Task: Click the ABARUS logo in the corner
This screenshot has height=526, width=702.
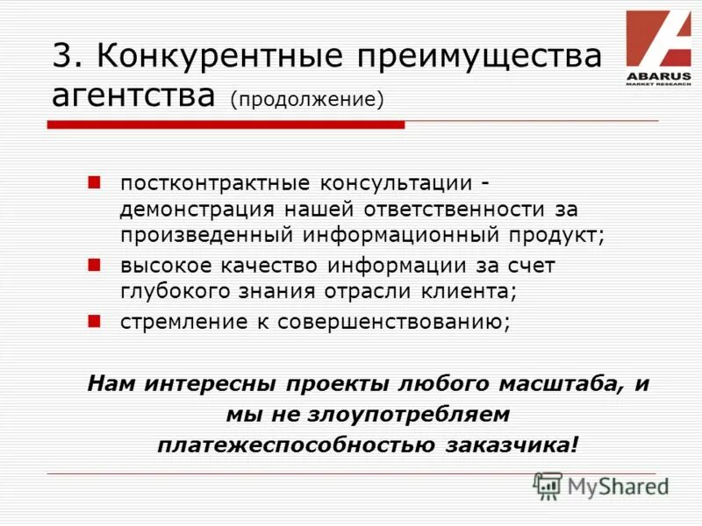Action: (x=658, y=47)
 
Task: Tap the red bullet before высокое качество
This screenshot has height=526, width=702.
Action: (x=96, y=263)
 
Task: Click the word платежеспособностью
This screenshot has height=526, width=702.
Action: (x=298, y=444)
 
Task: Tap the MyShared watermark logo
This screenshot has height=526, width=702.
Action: (x=602, y=486)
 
